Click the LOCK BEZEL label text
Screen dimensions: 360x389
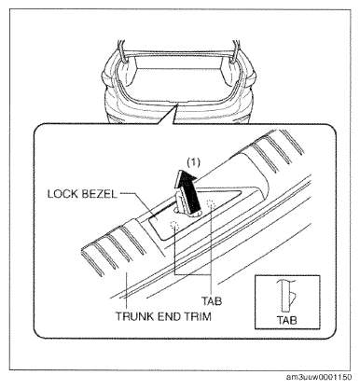point(82,194)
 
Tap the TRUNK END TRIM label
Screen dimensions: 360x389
point(163,316)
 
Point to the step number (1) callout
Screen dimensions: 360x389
point(193,162)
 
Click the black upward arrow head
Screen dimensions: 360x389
point(187,180)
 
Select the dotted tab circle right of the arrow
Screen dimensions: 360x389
point(211,203)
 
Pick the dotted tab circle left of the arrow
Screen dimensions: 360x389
point(174,225)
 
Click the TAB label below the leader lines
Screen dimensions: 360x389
point(212,301)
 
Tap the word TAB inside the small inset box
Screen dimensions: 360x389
point(286,320)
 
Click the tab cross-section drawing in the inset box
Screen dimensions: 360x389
point(286,295)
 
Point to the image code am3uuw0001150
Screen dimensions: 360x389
point(319,377)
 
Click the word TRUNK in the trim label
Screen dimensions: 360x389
point(135,316)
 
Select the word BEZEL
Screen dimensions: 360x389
point(99,194)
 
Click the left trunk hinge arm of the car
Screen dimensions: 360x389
point(122,53)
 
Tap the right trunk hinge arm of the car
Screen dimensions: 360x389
point(235,53)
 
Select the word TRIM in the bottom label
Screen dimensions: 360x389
point(199,316)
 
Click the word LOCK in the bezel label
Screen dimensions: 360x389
point(62,194)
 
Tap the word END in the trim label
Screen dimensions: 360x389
point(170,316)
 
